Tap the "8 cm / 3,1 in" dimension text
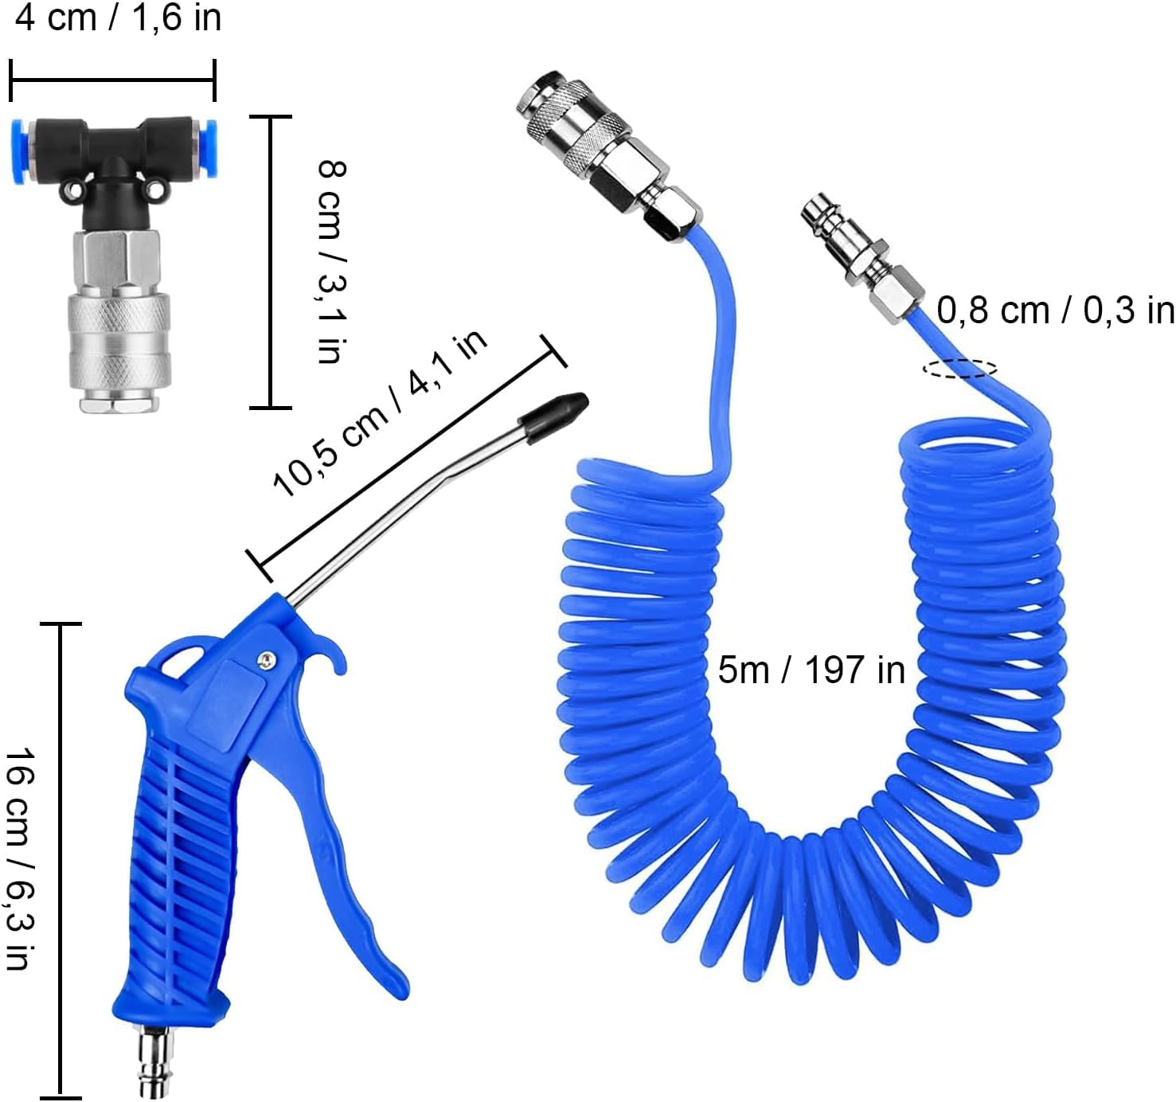pos(332,261)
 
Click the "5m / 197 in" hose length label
pos(811,670)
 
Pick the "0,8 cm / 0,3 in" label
pos(1055,310)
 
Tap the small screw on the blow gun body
pos(267,659)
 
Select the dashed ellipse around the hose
pos(960,369)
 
